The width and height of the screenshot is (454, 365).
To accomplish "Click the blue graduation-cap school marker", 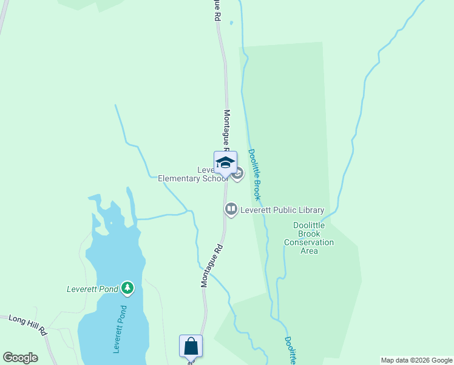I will pos(225,162).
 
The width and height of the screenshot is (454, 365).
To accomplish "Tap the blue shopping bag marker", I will pos(191,346).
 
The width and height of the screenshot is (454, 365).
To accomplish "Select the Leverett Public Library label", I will pos(282,210).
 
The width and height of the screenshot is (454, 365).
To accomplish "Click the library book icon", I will pos(231,210).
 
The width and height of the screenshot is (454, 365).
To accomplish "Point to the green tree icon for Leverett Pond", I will pos(127,287).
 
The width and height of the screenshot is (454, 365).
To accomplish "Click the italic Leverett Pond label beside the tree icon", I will pos(92,289).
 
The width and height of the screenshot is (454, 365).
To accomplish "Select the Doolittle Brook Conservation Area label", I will pos(309,238).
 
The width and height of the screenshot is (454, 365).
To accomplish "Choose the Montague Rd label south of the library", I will pos(212,266).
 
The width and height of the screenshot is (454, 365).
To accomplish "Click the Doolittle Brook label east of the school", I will pos(254,175).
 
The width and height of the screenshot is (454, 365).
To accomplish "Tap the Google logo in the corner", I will pos(20,358).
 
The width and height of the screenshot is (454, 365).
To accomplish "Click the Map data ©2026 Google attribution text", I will pos(416,360).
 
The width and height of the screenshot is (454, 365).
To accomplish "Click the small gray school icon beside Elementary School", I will pos(237,175).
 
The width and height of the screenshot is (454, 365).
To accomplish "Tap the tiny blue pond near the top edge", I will pos(231,24).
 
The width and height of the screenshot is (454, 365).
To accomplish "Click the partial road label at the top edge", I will pos(216,11).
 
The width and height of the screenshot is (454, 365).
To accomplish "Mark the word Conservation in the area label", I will pos(309,242).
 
